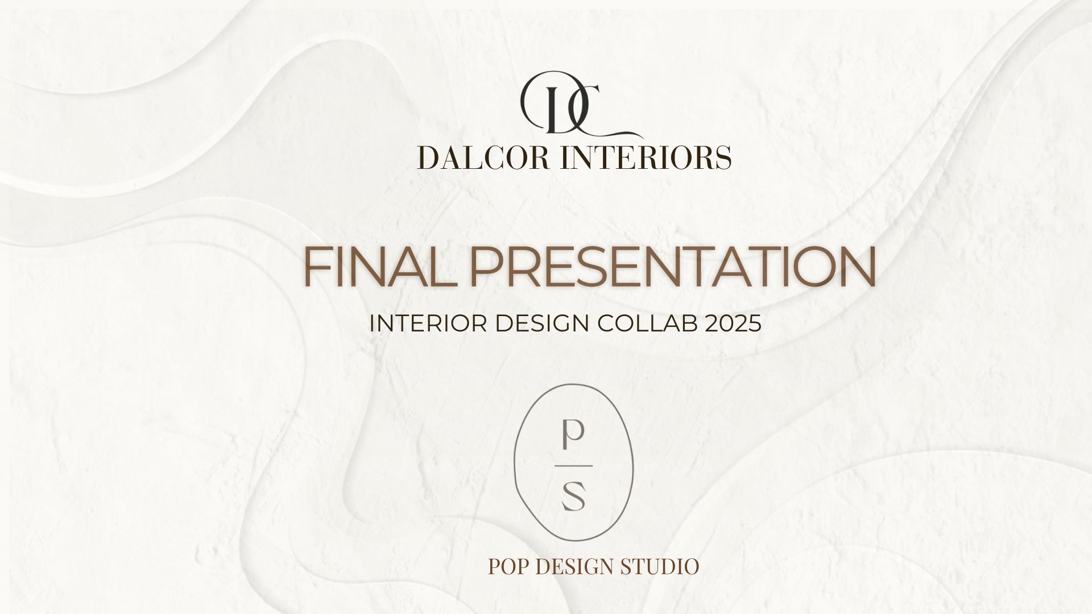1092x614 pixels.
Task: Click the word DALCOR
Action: pyautogui.click(x=483, y=158)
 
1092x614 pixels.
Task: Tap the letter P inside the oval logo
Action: pyautogui.click(x=572, y=435)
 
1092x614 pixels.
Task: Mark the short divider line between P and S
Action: pyautogui.click(x=573, y=466)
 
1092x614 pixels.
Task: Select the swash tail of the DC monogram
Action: pyautogui.click(x=623, y=132)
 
